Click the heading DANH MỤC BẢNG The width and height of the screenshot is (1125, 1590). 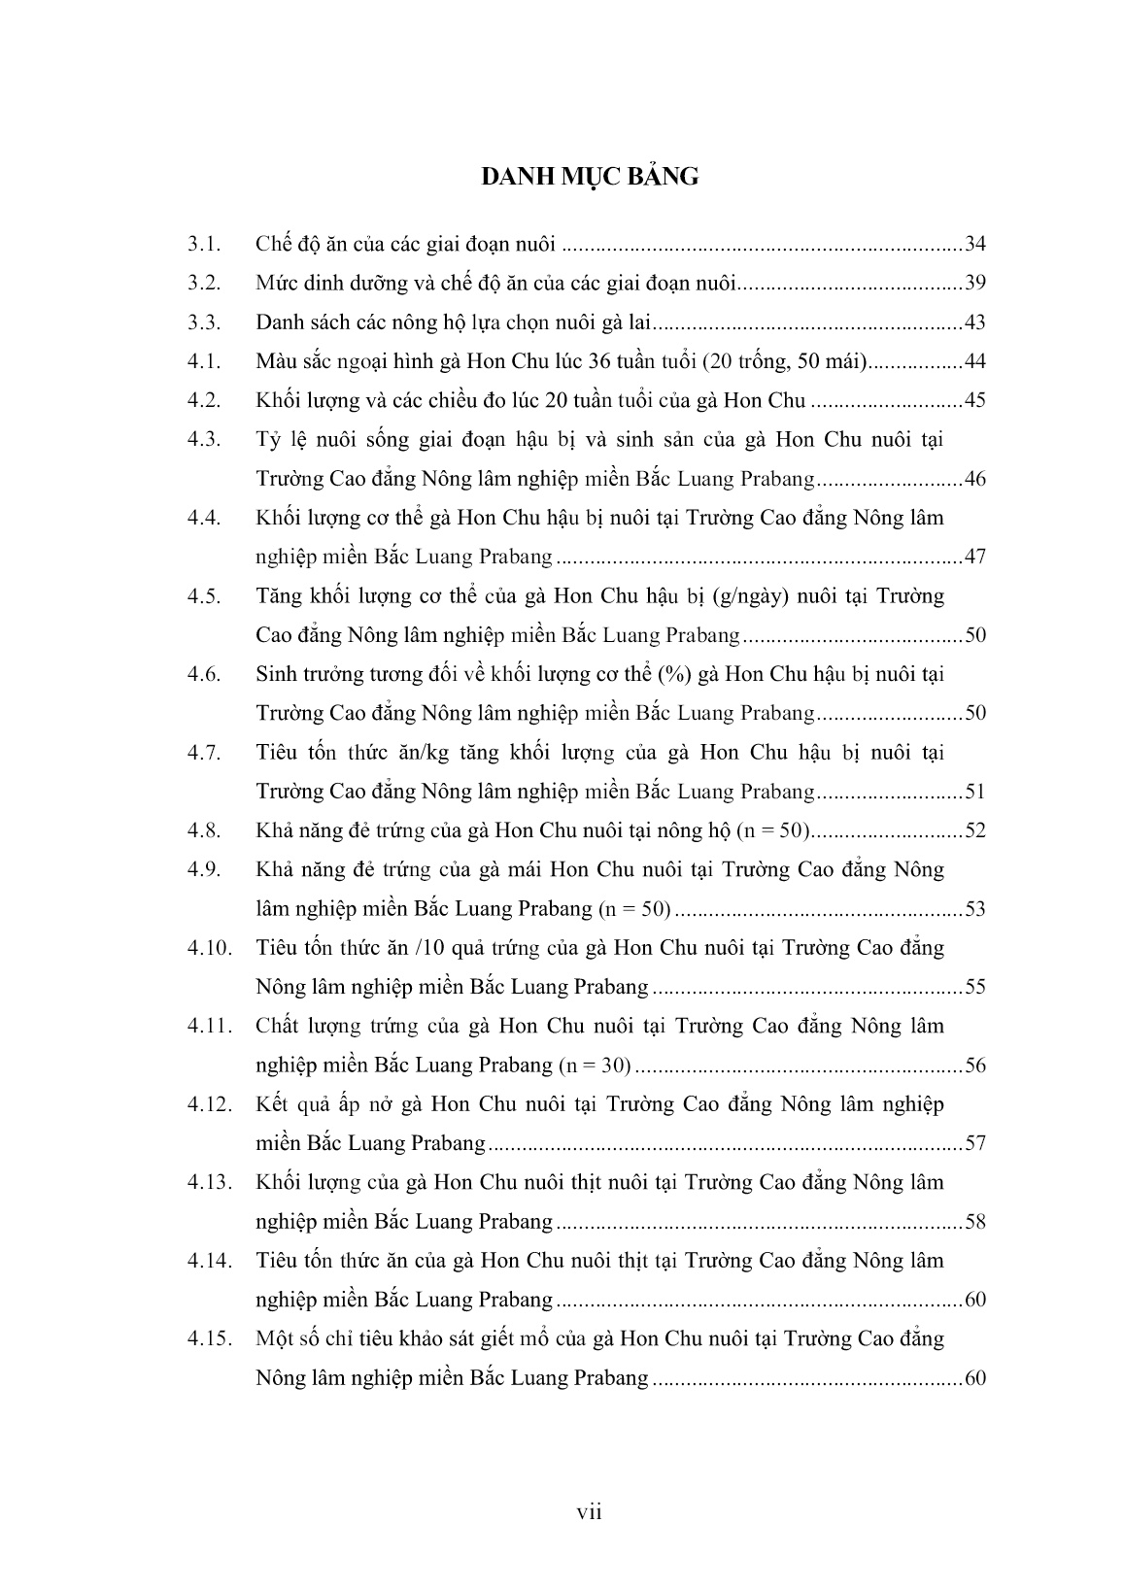pos(590,177)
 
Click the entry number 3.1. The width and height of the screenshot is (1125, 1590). pos(205,244)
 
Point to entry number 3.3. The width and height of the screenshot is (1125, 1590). pos(205,322)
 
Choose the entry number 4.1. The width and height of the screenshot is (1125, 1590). pos(205,361)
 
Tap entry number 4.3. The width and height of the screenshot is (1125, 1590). pos(205,440)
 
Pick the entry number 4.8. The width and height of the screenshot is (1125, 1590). pos(205,830)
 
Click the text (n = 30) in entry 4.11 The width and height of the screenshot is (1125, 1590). pos(594,1066)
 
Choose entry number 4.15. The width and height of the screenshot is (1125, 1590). pos(210,1338)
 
